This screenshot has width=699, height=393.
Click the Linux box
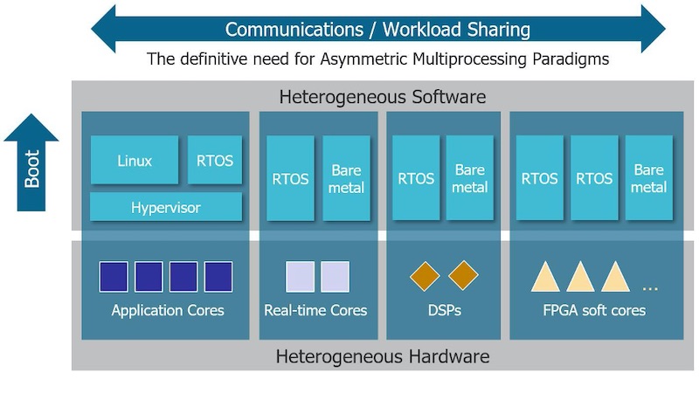click(135, 160)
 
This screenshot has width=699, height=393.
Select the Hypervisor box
click(166, 208)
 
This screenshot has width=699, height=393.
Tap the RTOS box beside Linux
click(215, 160)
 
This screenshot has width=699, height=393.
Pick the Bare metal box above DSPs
click(470, 178)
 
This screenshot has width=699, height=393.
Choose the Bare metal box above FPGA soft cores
click(648, 178)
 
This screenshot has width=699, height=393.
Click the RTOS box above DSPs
click(416, 178)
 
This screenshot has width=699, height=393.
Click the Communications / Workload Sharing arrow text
click(377, 29)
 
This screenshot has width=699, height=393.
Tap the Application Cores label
click(168, 310)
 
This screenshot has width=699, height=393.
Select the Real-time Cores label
click(315, 310)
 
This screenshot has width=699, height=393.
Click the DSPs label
click(444, 310)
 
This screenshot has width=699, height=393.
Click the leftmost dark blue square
click(114, 277)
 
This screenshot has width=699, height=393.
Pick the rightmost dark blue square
click(218, 277)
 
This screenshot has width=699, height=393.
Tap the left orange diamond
click(426, 275)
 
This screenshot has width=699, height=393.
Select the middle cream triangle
click(580, 278)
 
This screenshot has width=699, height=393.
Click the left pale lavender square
click(300, 277)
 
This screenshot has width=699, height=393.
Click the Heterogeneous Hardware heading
click(383, 356)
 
